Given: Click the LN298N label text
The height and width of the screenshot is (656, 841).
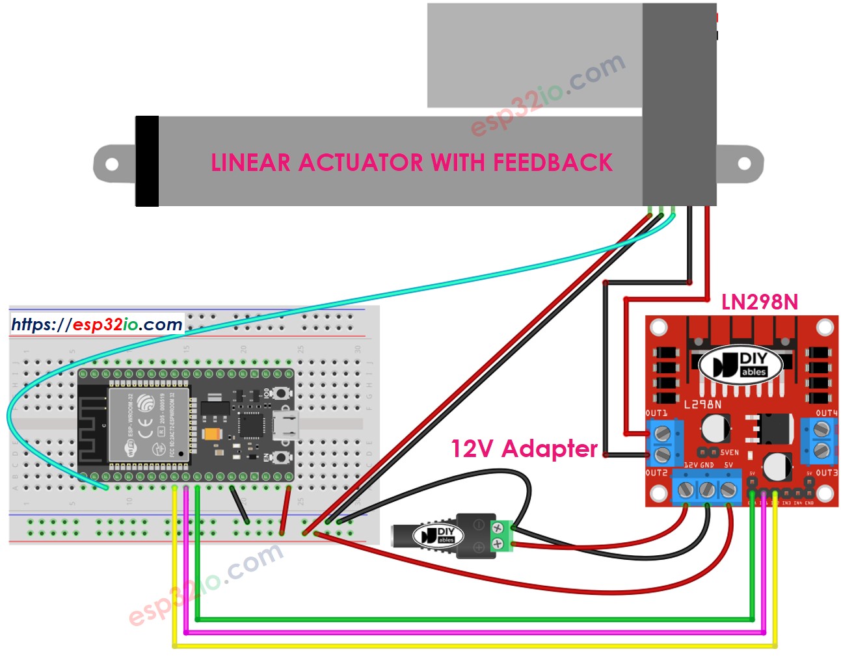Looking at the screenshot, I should click(759, 302).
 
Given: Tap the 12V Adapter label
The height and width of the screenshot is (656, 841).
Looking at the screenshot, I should click(524, 449).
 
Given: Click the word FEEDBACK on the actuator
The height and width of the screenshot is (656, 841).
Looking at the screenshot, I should click(552, 163).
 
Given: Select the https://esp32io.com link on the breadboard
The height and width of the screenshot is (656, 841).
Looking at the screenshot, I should click(97, 324).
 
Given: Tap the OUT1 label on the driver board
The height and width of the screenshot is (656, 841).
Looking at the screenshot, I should click(656, 413).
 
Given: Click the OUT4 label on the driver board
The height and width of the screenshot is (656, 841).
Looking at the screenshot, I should click(826, 413).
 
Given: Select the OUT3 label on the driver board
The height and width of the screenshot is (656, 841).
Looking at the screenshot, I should click(826, 473).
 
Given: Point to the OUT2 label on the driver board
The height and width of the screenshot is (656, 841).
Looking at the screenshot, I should click(656, 473).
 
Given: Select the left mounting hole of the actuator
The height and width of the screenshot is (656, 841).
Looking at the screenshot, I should click(112, 164).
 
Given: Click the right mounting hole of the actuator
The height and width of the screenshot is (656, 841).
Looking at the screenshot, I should click(745, 164).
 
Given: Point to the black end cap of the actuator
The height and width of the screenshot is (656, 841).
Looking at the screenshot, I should click(147, 161).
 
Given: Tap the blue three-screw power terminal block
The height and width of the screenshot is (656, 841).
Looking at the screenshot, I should click(706, 488).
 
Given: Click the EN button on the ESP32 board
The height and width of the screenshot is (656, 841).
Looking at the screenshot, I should click(280, 458).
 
